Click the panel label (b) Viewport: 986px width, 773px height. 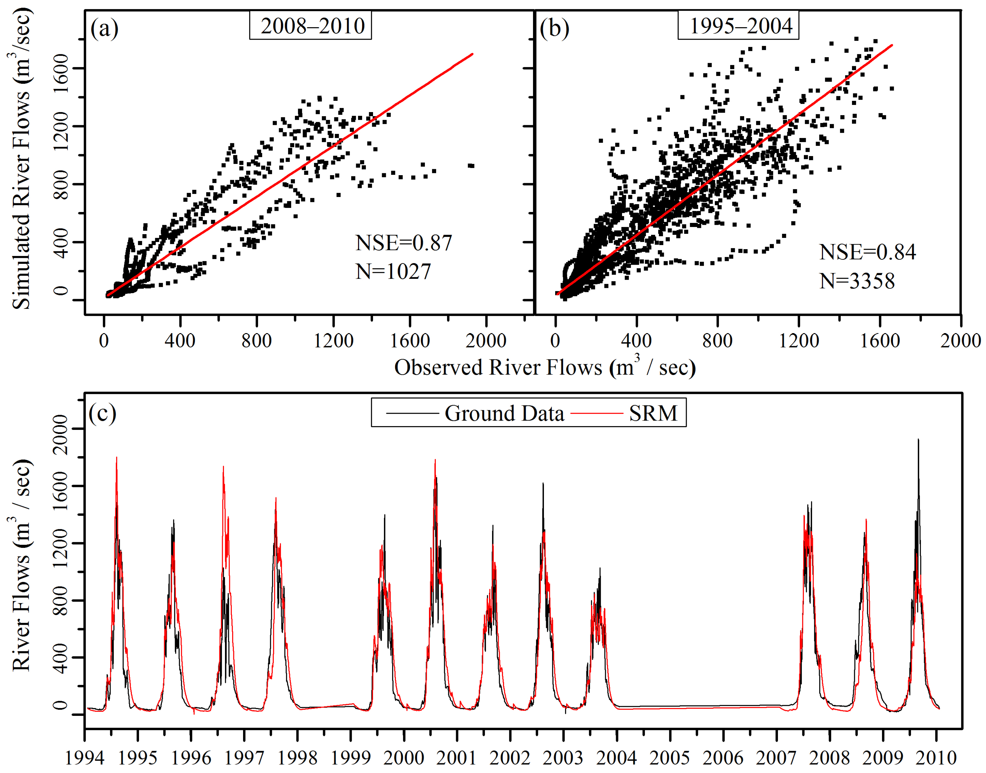(x=554, y=28)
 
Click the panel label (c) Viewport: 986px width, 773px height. (x=102, y=413)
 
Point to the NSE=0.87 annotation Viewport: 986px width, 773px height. (x=404, y=243)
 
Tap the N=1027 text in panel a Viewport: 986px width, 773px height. (x=393, y=272)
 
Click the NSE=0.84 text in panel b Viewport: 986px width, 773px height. (x=867, y=252)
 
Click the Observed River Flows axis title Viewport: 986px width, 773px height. (x=545, y=367)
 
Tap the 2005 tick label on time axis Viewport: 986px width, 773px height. (x=670, y=758)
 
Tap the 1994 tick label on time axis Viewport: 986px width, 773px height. (x=85, y=758)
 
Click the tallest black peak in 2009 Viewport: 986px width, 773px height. (x=918, y=440)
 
